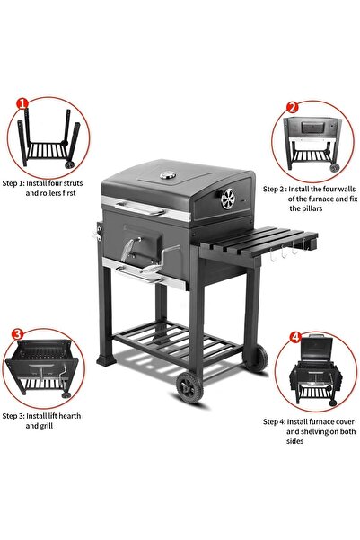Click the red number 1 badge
[22, 104]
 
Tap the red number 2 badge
[292, 107]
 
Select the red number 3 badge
[16, 334]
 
